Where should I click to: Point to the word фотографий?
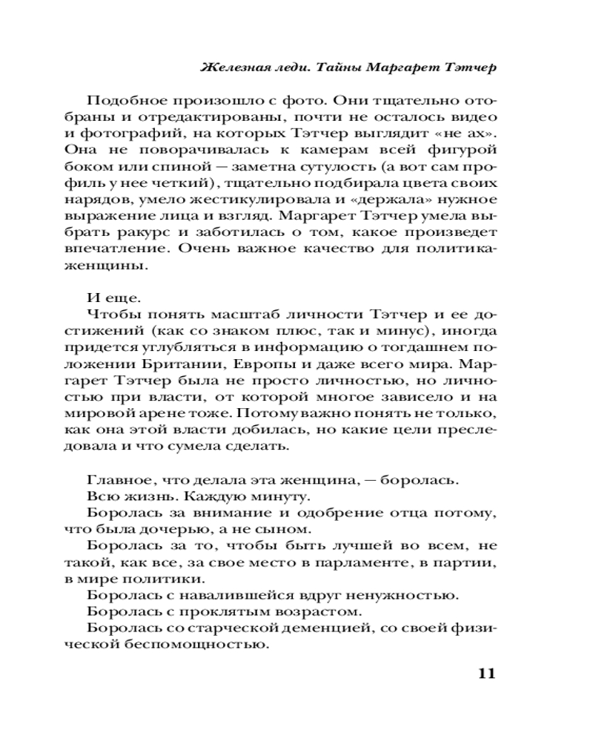tap(130, 134)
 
